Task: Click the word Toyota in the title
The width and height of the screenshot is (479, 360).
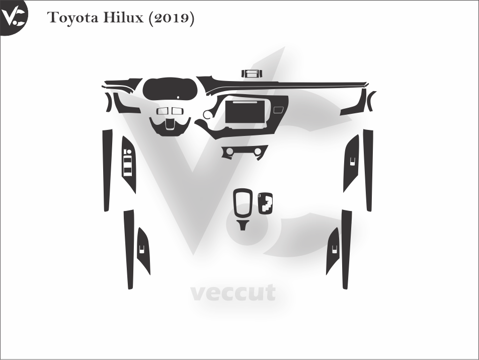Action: [x=72, y=18]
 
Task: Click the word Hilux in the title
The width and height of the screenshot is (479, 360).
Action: [x=123, y=18]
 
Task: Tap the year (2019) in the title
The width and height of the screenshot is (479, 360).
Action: [x=171, y=18]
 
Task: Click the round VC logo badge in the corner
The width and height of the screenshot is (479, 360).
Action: [x=13, y=16]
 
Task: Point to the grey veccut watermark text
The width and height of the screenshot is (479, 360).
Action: [x=233, y=293]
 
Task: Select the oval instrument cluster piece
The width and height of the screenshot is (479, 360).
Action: [x=170, y=89]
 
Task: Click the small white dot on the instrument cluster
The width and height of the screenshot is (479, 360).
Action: [x=178, y=98]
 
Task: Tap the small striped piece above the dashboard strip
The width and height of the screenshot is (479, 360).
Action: [x=252, y=74]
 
